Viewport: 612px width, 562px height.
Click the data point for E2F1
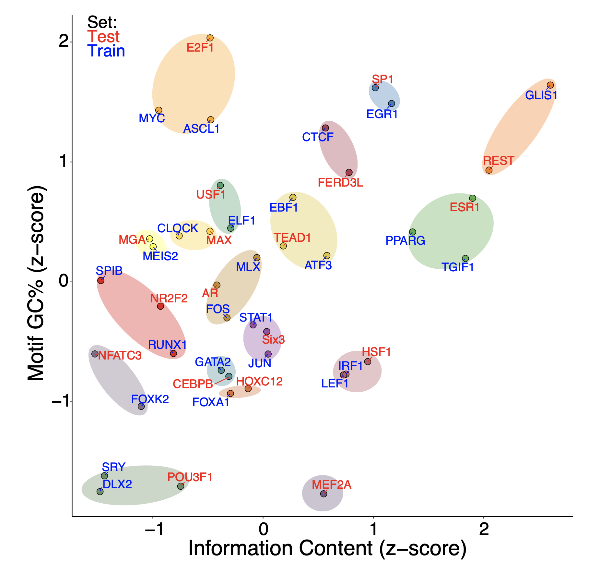click(x=210, y=38)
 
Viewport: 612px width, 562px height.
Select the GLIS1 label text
click(x=541, y=95)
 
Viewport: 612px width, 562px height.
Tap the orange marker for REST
click(x=489, y=170)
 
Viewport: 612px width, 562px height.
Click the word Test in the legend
click(x=103, y=36)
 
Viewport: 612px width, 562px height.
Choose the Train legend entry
click(x=106, y=51)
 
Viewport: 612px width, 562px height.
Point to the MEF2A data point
click(x=324, y=494)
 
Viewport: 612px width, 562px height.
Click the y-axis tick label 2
click(x=64, y=42)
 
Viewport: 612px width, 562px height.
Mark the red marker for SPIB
click(x=101, y=280)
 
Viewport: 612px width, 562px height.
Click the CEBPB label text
click(x=193, y=384)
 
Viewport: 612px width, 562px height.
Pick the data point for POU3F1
click(x=181, y=486)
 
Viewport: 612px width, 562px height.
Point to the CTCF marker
click(x=325, y=128)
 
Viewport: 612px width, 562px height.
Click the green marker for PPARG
click(x=412, y=232)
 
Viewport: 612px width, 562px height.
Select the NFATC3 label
click(x=120, y=356)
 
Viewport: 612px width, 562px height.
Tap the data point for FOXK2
click(x=141, y=406)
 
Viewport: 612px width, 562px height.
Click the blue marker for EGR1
click(x=392, y=104)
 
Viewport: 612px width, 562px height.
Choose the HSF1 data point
click(x=368, y=361)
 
